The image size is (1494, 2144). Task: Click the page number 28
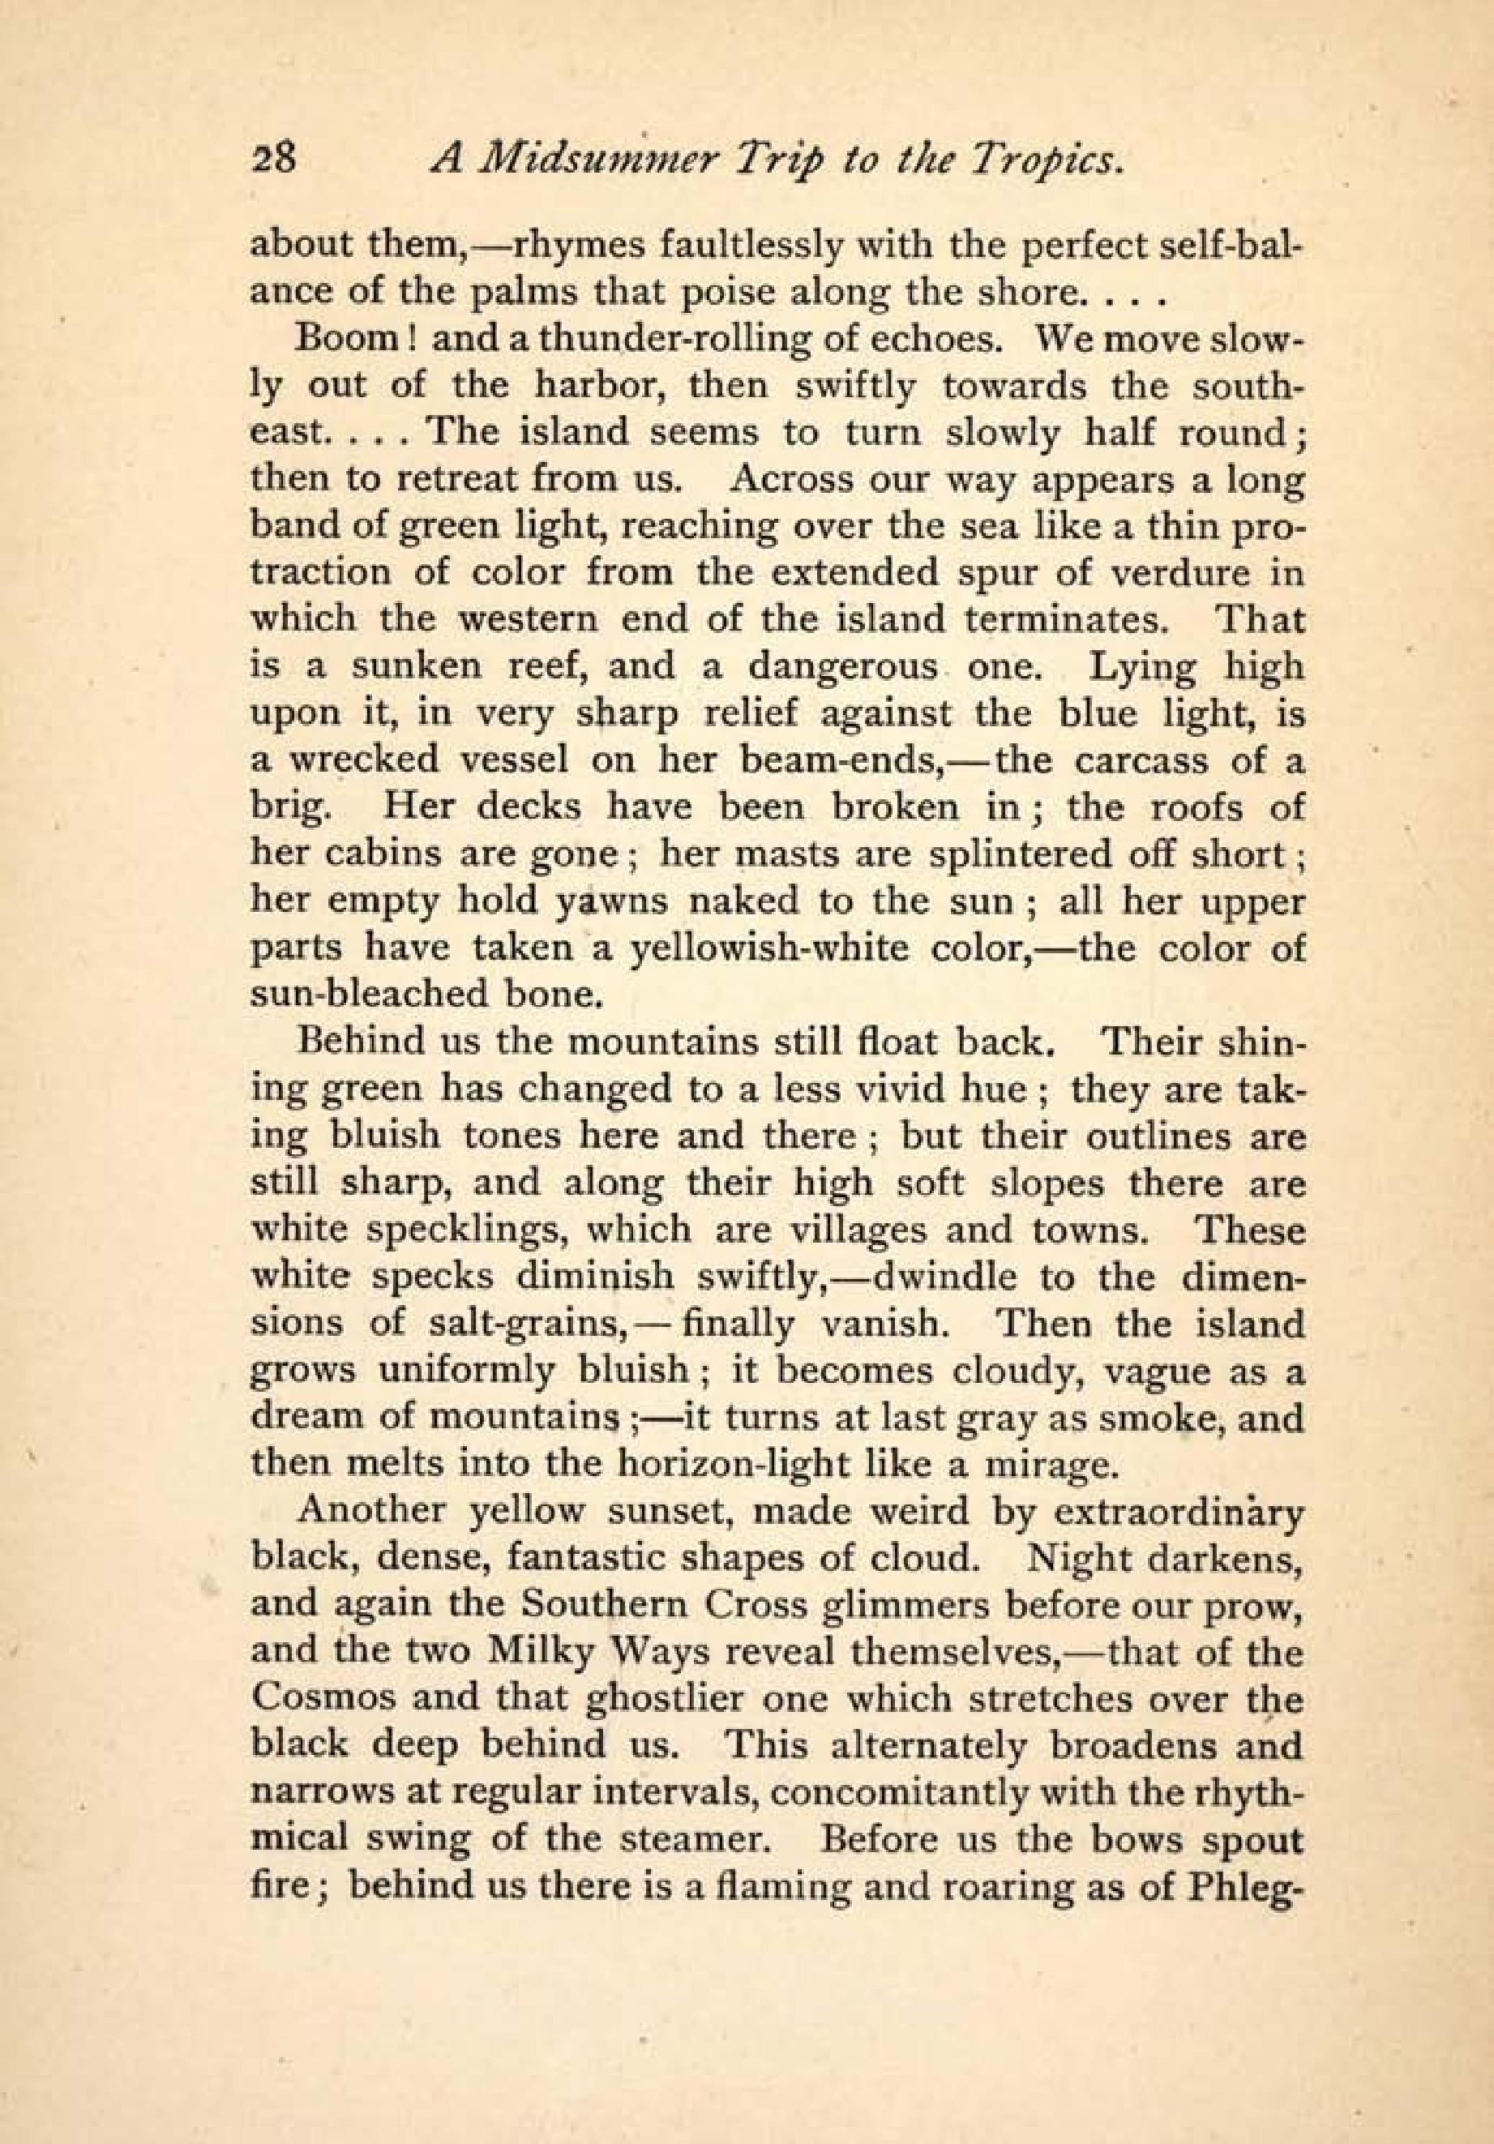click(273, 160)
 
